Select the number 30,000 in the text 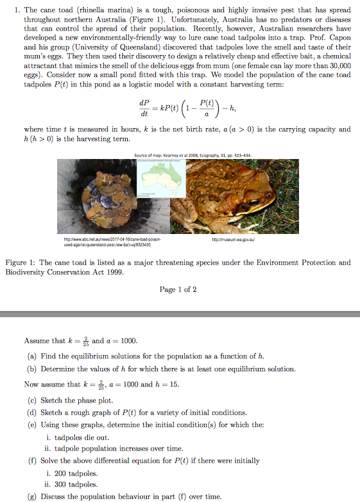(x=338, y=65)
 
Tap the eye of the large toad (x=255, y=201)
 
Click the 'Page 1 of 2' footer (x=178, y=289)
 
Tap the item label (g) (x=31, y=496)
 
